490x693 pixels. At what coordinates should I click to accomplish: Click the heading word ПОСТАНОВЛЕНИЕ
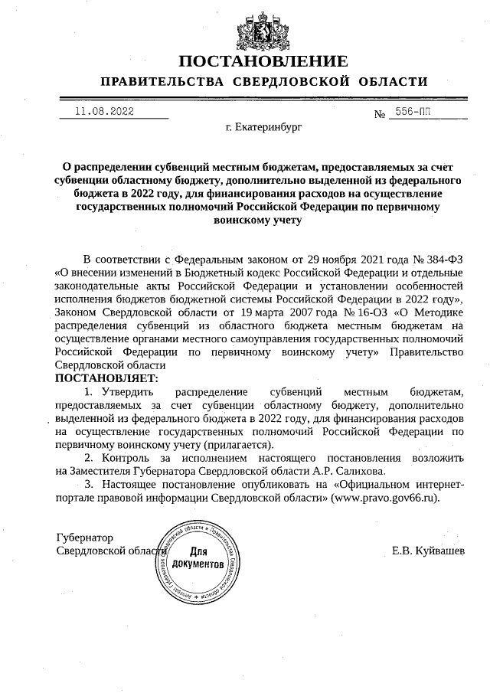[263, 61]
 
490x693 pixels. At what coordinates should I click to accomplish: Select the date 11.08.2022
[104, 111]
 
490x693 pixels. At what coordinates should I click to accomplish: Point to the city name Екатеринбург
[264, 127]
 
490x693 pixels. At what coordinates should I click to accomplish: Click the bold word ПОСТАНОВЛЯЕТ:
[106, 378]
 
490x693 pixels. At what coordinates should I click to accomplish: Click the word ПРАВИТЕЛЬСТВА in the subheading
[162, 82]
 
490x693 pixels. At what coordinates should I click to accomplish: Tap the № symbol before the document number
[379, 115]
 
